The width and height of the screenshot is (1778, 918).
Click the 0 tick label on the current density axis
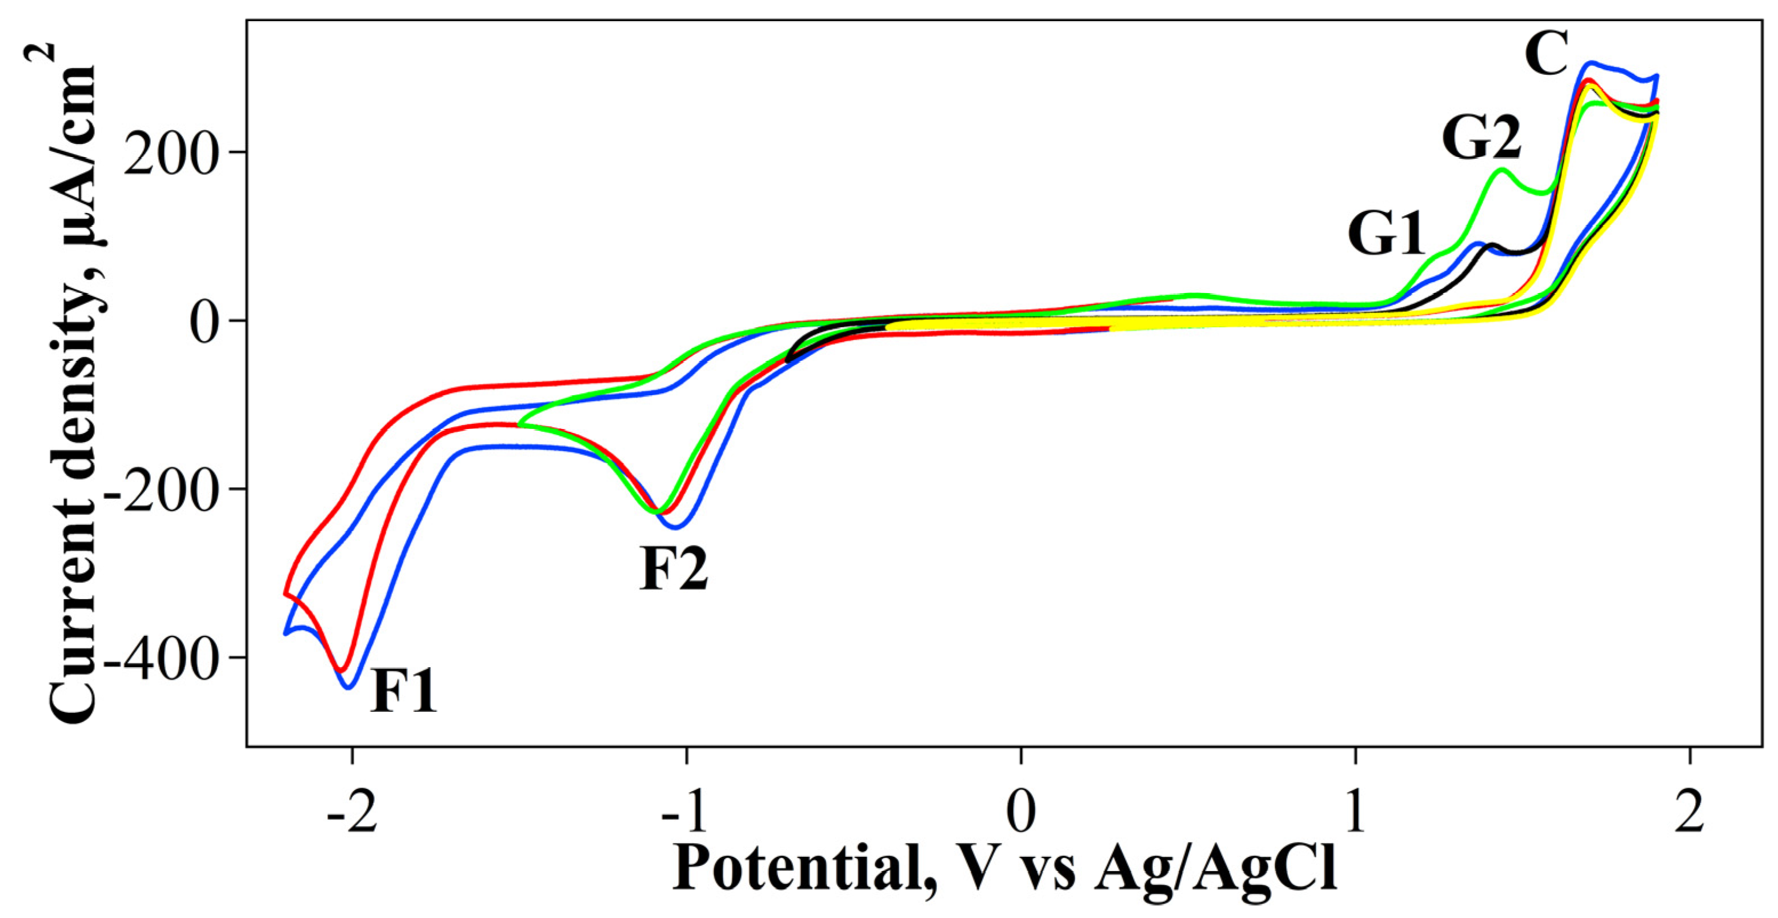[x=210, y=321]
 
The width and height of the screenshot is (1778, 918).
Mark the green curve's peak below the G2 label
[x=1502, y=170]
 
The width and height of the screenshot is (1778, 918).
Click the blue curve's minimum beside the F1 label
[x=349, y=687]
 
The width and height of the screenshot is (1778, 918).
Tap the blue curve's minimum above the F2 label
[x=676, y=527]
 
